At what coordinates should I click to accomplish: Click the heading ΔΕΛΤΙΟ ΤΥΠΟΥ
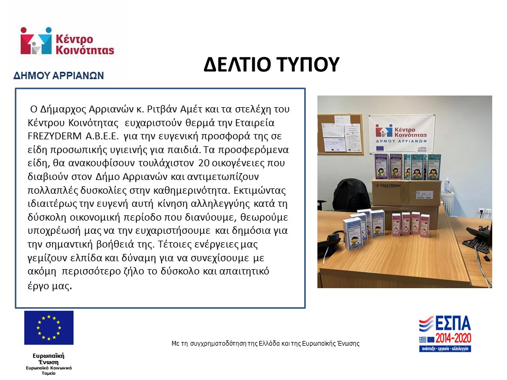pos(270,65)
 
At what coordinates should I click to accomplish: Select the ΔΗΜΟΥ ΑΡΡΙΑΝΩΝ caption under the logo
pos(58,75)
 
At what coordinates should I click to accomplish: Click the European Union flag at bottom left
pos(49,327)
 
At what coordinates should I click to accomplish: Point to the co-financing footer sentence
pos(265,344)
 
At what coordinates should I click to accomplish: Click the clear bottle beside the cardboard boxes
pos(447,184)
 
